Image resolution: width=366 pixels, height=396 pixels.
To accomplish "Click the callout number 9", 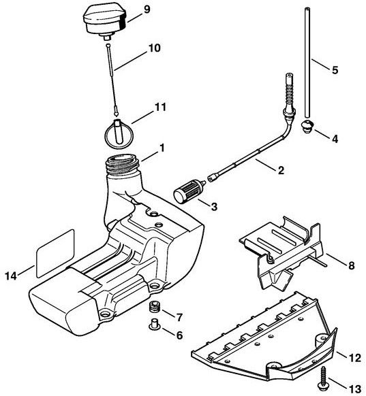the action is point(147,10).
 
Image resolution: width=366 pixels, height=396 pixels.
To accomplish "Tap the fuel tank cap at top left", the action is point(106,22).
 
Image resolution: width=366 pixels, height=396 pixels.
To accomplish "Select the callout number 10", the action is point(154,48).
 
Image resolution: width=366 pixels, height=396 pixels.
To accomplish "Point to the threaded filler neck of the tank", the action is point(123,165).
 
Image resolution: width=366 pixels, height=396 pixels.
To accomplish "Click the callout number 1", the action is point(161,148).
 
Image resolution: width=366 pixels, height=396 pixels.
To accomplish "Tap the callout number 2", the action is point(281,170).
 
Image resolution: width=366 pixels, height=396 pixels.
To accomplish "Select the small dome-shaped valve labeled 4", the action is point(307,126).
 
